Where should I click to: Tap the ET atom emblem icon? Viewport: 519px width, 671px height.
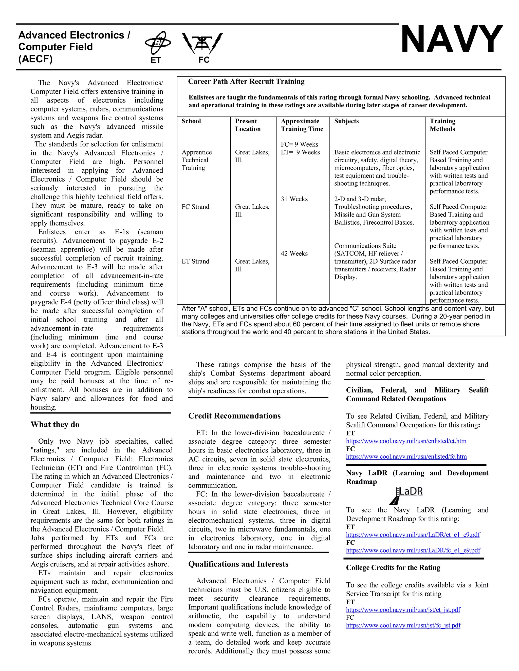[158, 43]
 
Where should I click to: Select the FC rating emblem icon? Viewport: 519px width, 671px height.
[202, 43]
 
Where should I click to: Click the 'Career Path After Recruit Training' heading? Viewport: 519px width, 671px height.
[246, 82]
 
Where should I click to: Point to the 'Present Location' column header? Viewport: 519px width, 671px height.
[248, 125]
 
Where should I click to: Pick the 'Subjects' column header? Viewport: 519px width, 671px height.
[346, 121]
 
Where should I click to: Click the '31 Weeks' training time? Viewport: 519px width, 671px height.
[294, 199]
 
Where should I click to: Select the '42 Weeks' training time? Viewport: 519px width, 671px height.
[294, 253]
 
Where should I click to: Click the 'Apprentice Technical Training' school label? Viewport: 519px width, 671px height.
[196, 160]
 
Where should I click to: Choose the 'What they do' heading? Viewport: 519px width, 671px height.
[55, 425]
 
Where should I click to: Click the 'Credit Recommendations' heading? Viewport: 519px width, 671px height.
[234, 416]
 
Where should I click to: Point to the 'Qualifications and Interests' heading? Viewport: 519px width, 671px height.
[238, 564]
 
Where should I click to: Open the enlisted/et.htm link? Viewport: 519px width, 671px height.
[406, 441]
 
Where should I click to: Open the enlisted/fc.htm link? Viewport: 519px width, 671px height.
[406, 457]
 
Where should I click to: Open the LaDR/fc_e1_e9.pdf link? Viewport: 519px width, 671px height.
[413, 550]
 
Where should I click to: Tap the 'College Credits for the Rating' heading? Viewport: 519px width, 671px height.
[393, 568]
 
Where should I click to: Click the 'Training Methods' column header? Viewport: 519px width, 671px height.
[442, 125]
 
